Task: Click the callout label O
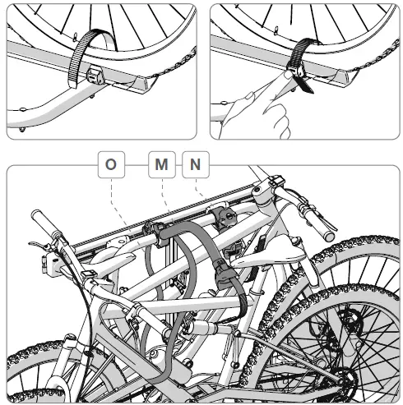click(110, 164)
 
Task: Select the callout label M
click(161, 164)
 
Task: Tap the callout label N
click(195, 164)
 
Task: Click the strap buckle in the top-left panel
click(96, 76)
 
